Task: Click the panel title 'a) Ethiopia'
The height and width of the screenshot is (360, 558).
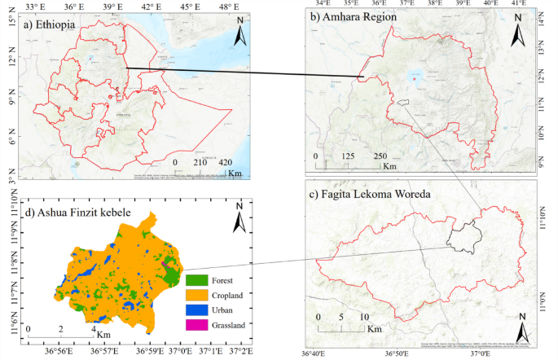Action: (51, 25)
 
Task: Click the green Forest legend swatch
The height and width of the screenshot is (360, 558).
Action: (196, 281)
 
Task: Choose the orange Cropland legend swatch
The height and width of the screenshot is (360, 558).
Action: (196, 295)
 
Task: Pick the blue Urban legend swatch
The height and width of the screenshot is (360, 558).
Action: (196, 310)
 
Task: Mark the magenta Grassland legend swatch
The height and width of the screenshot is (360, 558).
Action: (196, 324)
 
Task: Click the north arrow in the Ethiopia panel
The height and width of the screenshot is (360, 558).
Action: (241, 35)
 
